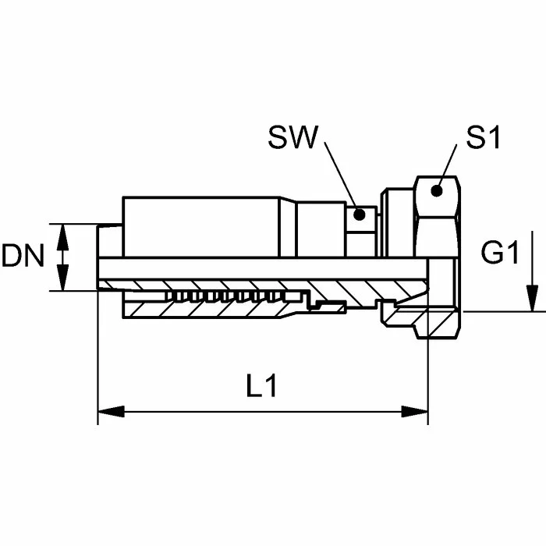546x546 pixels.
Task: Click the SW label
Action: pos(292,139)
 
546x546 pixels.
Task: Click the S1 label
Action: pos(483,139)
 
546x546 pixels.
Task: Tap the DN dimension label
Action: pos(23,257)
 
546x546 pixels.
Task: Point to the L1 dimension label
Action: pos(262,387)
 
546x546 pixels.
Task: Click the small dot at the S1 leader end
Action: pos(438,189)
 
